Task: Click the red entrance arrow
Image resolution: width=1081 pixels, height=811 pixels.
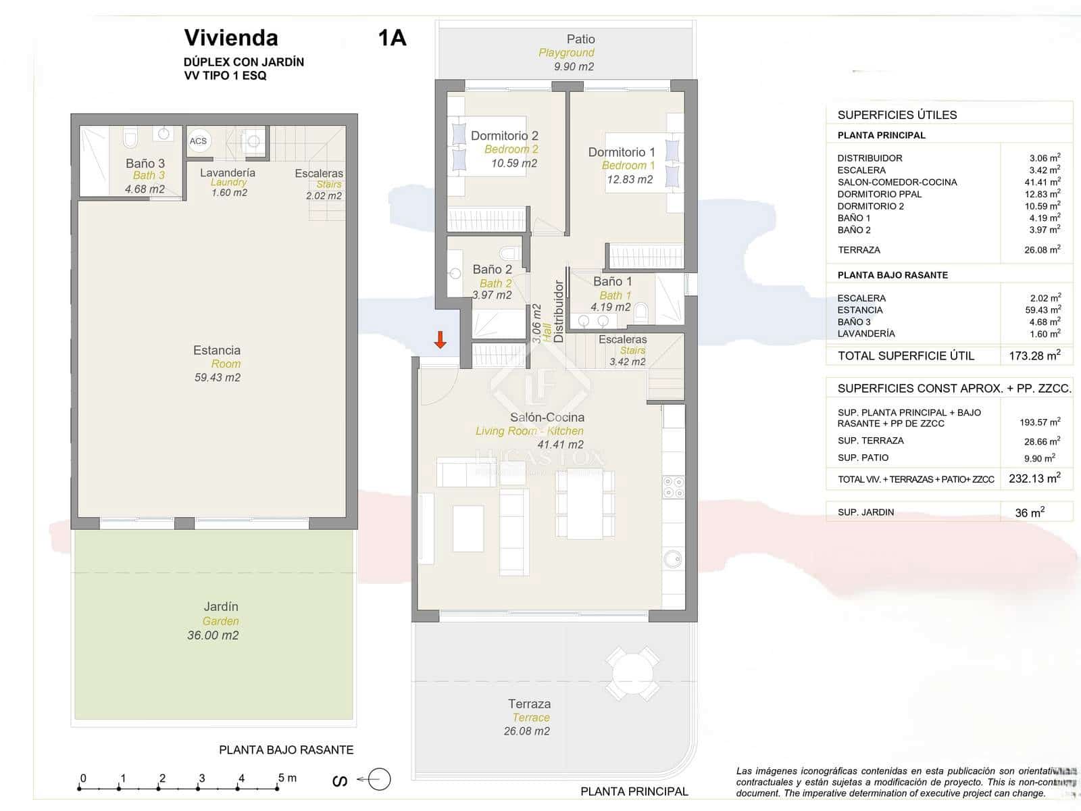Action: pos(440,340)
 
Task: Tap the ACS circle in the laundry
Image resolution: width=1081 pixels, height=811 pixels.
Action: pos(199,141)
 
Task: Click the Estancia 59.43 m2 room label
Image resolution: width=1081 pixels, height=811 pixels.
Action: pos(217,364)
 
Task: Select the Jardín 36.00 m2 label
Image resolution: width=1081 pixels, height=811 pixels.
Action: pos(213,620)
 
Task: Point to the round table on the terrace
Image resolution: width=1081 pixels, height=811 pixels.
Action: pos(632,673)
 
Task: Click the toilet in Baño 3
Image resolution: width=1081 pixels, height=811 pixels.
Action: pos(130,138)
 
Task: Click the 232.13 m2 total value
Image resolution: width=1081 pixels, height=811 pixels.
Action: pos(1034,478)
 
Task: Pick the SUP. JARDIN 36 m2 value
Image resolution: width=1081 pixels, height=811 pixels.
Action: pos(1030,512)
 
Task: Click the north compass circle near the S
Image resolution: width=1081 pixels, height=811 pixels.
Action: pos(380,779)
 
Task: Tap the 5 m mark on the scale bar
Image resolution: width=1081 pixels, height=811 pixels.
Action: pos(280,787)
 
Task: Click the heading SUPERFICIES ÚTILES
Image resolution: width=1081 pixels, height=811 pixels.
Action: pos(897,115)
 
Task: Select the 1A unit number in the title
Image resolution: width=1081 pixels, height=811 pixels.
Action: pos(392,38)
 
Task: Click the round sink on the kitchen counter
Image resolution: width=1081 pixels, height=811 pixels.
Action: pos(672,559)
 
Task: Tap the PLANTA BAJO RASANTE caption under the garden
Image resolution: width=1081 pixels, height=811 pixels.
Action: pos(286,749)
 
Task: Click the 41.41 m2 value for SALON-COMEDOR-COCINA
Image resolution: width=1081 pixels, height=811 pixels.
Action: pos(1042,182)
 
